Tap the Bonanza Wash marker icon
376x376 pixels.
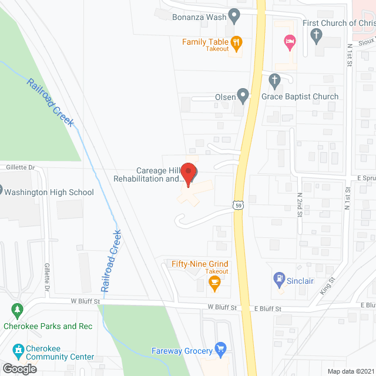[234, 16]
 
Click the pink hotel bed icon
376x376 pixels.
[289, 40]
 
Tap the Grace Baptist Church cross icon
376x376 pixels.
[274, 79]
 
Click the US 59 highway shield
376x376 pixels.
[236, 204]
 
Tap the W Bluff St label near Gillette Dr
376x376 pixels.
[82, 301]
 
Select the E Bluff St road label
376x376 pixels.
[268, 308]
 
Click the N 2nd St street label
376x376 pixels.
[299, 205]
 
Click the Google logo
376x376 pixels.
[19, 368]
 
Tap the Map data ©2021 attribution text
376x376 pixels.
[350, 371]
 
